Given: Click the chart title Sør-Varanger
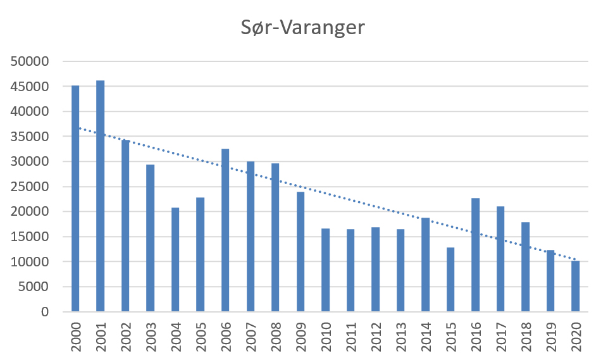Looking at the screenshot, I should pyautogui.click(x=303, y=28).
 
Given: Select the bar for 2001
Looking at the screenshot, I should pyautogui.click(x=101, y=196).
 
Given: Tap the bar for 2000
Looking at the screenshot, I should pyautogui.click(x=75, y=199).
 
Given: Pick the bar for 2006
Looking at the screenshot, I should pyautogui.click(x=225, y=230).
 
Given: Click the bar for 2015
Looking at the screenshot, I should pyautogui.click(x=450, y=280).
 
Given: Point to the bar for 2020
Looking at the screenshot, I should pyautogui.click(x=576, y=286).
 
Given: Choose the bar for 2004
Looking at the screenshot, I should pyautogui.click(x=175, y=259).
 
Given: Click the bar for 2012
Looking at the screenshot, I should pyautogui.click(x=375, y=270).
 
